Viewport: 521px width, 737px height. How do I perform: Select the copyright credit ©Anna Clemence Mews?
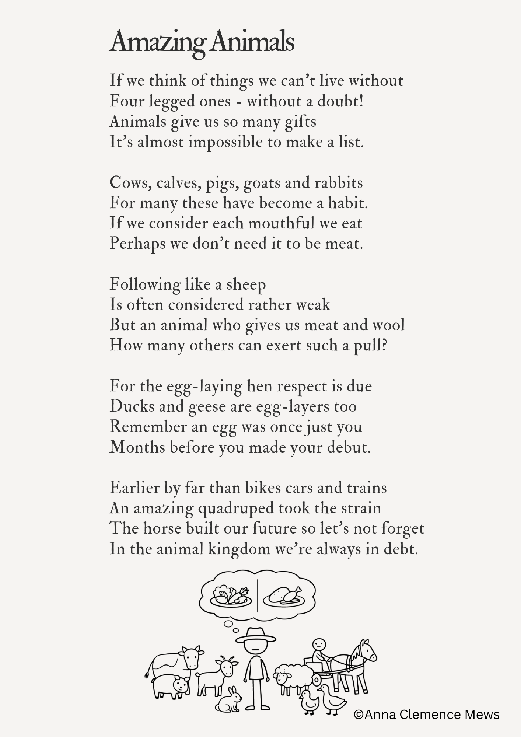426,715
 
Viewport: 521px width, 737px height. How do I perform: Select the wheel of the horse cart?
317,679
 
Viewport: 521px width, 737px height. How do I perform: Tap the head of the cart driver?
319,645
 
